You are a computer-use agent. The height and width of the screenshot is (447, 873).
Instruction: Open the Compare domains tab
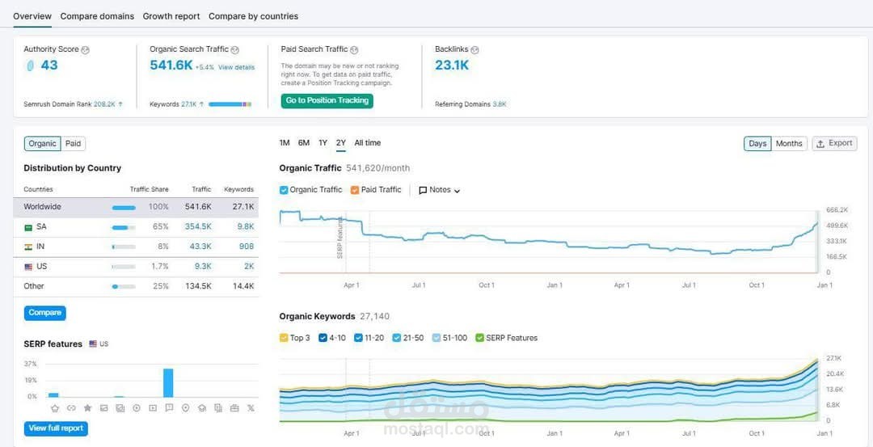click(x=97, y=16)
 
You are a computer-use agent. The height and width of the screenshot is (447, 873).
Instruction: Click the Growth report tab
click(x=171, y=16)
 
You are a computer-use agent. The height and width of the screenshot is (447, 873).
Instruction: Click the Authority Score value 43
click(x=49, y=65)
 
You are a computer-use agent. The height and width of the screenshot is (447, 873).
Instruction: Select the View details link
click(x=236, y=67)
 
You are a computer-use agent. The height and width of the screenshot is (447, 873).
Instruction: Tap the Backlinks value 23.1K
click(x=452, y=65)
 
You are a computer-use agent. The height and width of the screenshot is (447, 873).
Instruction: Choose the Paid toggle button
click(x=74, y=144)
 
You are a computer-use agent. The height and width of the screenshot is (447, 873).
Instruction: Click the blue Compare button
click(x=44, y=313)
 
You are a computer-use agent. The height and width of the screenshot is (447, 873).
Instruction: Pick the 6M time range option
click(x=304, y=143)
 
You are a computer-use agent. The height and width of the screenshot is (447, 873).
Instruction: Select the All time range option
click(x=368, y=143)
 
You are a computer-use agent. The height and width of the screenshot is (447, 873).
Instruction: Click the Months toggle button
click(x=789, y=144)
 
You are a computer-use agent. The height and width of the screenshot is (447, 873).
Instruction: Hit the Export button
click(x=834, y=144)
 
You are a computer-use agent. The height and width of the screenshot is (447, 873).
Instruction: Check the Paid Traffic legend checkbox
click(x=356, y=190)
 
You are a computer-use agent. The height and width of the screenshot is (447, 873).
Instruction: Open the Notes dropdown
click(x=440, y=190)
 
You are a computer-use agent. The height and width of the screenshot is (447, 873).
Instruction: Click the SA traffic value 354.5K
click(x=198, y=227)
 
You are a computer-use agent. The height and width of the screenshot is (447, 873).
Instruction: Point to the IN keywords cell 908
click(x=246, y=247)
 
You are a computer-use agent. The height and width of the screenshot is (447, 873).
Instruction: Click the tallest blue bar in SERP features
click(x=168, y=382)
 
